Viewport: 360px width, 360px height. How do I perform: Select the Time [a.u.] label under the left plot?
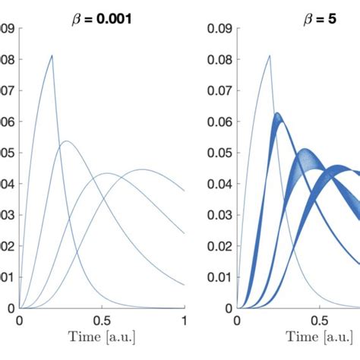[x=102, y=343]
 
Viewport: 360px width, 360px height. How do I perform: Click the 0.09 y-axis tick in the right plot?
[x=220, y=30]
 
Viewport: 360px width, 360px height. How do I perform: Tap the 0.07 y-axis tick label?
[x=220, y=92]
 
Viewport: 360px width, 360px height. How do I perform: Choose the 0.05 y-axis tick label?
[x=220, y=153]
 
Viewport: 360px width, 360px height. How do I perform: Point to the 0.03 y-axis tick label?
[x=220, y=216]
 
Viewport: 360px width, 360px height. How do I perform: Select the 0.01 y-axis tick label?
[x=220, y=277]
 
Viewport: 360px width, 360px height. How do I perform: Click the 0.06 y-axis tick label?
[x=220, y=122]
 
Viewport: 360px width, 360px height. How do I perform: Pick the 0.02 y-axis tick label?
[x=220, y=247]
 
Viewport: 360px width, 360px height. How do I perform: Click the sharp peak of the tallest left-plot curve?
[x=52, y=55]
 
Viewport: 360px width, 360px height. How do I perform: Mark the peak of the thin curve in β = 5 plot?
[x=269, y=55]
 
